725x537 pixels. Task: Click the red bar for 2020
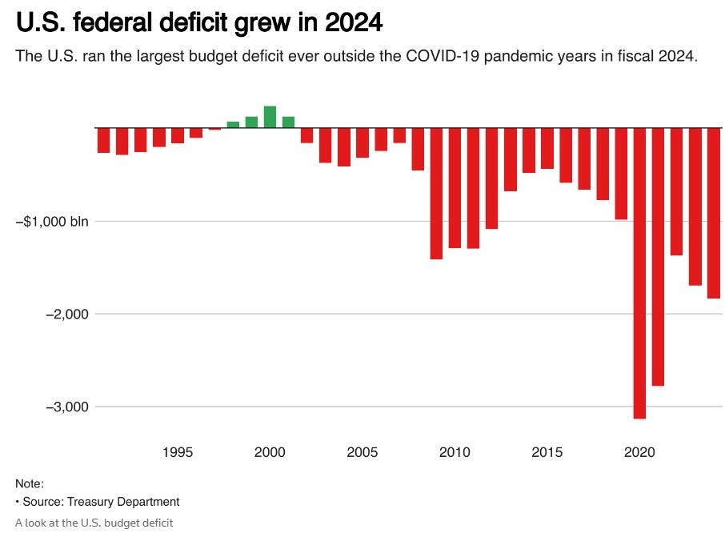pyautogui.click(x=639, y=272)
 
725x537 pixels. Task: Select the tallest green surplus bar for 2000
pyautogui.click(x=270, y=117)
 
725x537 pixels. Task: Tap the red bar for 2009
pyautogui.click(x=436, y=193)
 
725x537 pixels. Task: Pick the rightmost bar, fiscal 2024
pyautogui.click(x=713, y=213)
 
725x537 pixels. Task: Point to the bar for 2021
pyautogui.click(x=658, y=256)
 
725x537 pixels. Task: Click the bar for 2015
pyautogui.click(x=547, y=148)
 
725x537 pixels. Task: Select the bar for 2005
pyautogui.click(x=362, y=142)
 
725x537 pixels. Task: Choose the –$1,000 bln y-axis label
pyautogui.click(x=53, y=222)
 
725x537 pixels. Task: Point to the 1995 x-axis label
pyautogui.click(x=178, y=453)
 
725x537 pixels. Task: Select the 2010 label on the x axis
pyautogui.click(x=455, y=453)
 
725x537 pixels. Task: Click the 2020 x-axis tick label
pyautogui.click(x=639, y=453)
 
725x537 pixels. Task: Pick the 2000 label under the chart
pyautogui.click(x=270, y=453)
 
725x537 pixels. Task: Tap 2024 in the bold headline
pyautogui.click(x=354, y=23)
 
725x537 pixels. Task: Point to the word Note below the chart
pyautogui.click(x=29, y=483)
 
